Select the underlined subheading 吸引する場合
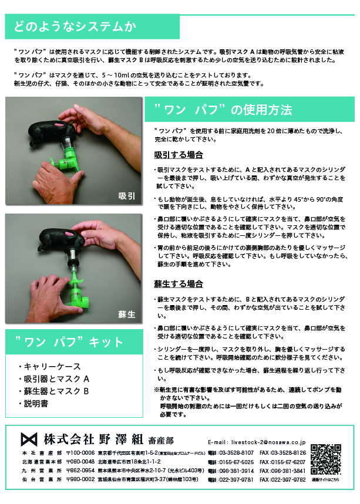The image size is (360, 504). coord(179,155)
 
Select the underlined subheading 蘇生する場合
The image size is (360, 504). coord(179,284)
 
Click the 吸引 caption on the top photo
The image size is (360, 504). coord(126,195)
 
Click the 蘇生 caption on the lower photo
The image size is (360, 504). coord(126,314)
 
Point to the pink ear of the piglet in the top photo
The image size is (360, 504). coord(61,125)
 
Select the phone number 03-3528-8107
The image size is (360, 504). coord(237,453)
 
